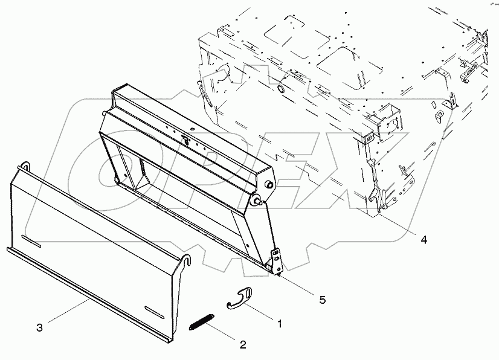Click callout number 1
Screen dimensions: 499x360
(280, 324)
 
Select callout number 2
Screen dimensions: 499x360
(243, 344)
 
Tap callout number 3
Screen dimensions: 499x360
(39, 327)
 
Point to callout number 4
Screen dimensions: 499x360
(423, 239)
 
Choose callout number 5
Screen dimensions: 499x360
(323, 300)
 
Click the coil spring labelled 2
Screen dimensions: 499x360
(202, 322)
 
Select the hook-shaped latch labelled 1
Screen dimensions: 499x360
(239, 298)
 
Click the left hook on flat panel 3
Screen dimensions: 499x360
(25, 167)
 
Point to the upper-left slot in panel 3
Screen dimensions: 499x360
(31, 241)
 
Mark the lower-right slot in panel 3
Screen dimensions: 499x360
(154, 312)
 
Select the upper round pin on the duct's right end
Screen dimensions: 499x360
(269, 184)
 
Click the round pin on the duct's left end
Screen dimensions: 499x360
(104, 113)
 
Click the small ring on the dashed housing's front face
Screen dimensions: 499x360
(282, 88)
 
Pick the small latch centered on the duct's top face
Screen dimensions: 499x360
(186, 138)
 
